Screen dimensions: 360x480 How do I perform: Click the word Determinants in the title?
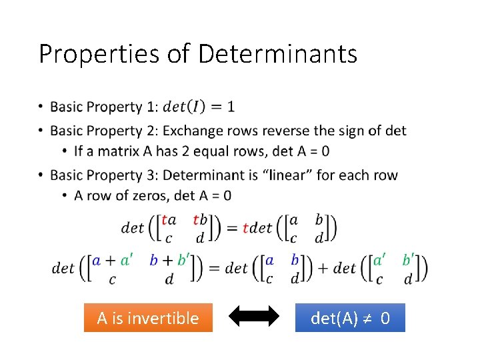[277, 54]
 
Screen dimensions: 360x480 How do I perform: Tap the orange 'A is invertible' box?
[148, 318]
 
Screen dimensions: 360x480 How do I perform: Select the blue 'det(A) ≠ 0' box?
[350, 318]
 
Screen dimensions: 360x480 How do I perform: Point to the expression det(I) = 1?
[199, 107]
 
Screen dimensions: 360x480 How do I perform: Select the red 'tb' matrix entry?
[200, 220]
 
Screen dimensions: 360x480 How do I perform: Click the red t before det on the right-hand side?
[245, 228]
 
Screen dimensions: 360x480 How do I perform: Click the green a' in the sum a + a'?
[126, 261]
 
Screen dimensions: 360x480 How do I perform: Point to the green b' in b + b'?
[183, 261]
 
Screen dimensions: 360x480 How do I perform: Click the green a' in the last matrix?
[379, 260]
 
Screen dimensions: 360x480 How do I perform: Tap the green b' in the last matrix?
[408, 260]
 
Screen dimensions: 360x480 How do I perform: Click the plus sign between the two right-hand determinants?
[323, 268]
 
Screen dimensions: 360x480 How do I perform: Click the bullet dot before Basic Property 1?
[41, 107]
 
